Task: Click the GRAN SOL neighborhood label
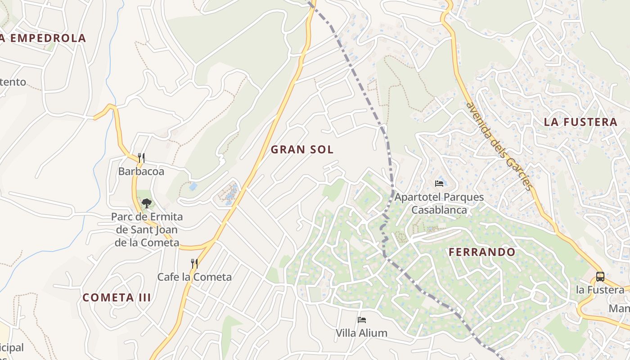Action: pos(302,150)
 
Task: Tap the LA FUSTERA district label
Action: pos(580,122)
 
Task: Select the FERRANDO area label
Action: pos(482,252)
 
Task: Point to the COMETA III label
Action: pos(117,297)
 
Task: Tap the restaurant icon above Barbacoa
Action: pos(141,157)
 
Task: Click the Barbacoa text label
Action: pos(141,171)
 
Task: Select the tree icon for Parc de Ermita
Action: pos(147,203)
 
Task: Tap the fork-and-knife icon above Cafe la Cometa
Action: pos(194,263)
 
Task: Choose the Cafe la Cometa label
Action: pos(194,277)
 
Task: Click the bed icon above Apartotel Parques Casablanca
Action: pos(439,183)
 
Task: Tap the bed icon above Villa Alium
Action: pos(361,320)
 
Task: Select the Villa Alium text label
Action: pos(361,333)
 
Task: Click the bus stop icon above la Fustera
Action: pos(600,276)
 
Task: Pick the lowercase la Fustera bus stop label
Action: pos(600,290)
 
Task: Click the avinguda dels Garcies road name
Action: pos(499,146)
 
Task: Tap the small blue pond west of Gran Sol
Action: pos(193,186)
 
